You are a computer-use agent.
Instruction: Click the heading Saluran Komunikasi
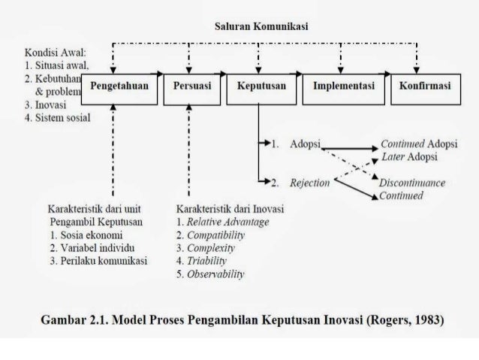261,26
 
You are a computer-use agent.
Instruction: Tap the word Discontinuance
412,183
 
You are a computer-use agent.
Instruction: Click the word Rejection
310,183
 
